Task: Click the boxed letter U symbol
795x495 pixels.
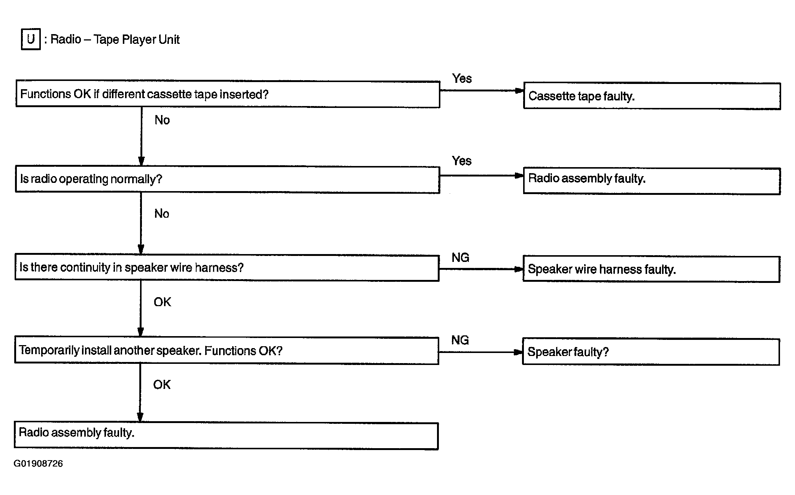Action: click(x=31, y=39)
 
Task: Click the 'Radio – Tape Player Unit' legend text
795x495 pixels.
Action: click(x=115, y=39)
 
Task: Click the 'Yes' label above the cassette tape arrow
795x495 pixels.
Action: click(x=462, y=78)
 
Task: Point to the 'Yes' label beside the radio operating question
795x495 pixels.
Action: click(x=461, y=161)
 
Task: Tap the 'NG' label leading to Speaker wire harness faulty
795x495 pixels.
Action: click(x=460, y=257)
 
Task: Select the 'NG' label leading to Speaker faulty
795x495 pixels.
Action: click(x=460, y=340)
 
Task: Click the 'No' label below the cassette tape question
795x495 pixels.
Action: click(x=162, y=120)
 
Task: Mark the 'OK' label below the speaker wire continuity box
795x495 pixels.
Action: click(x=162, y=302)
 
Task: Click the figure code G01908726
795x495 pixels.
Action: click(x=38, y=464)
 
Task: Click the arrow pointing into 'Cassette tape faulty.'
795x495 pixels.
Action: click(x=482, y=91)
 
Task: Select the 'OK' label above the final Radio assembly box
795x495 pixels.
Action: click(x=162, y=384)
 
